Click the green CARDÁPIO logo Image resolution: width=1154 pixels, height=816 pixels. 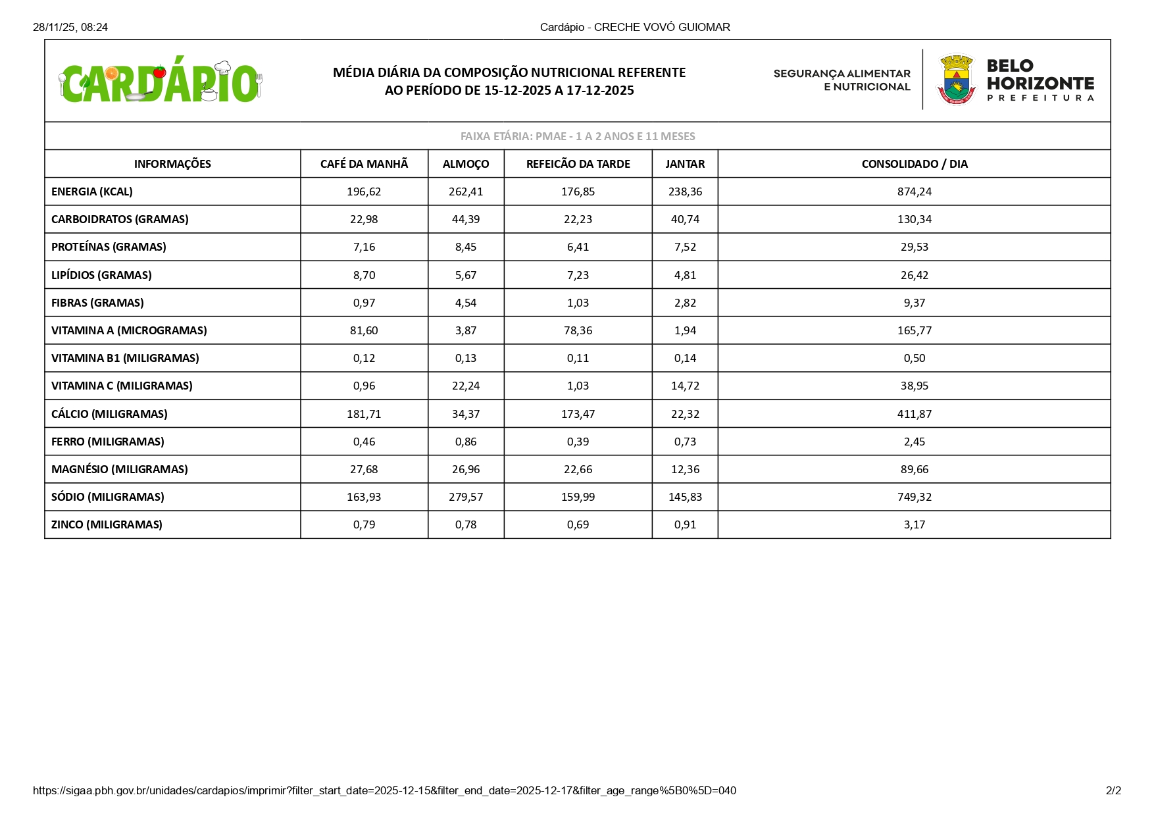(x=160, y=82)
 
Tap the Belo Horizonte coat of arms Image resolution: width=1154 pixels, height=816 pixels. (x=957, y=80)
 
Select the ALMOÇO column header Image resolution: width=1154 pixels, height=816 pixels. (x=466, y=164)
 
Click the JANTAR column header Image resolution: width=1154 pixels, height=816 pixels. (x=685, y=164)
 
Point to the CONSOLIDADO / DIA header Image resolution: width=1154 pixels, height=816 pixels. (x=914, y=164)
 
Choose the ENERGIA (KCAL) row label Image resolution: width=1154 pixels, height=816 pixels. (x=92, y=191)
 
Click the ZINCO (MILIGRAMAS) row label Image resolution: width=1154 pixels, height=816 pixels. (x=107, y=524)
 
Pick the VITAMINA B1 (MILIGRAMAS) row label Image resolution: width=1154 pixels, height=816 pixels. (x=125, y=358)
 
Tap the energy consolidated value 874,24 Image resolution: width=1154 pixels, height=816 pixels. (x=915, y=191)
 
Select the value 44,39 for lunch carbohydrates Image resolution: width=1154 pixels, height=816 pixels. (x=466, y=219)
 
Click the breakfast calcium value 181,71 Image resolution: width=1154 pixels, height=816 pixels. (x=364, y=414)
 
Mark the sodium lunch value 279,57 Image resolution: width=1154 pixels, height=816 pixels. (x=466, y=497)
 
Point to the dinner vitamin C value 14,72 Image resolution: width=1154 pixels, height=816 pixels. (x=685, y=386)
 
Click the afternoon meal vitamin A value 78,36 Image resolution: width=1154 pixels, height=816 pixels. (x=578, y=330)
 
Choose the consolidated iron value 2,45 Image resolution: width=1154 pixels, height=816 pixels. (x=915, y=442)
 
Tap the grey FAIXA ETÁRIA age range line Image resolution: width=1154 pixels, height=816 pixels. (x=578, y=136)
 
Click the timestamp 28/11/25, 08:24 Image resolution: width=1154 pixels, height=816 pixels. (x=70, y=27)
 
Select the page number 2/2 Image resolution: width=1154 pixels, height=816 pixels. (x=1113, y=790)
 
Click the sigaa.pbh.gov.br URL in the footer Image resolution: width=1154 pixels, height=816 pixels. (x=384, y=790)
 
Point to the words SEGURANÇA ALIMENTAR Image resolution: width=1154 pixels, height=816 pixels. (x=842, y=74)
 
